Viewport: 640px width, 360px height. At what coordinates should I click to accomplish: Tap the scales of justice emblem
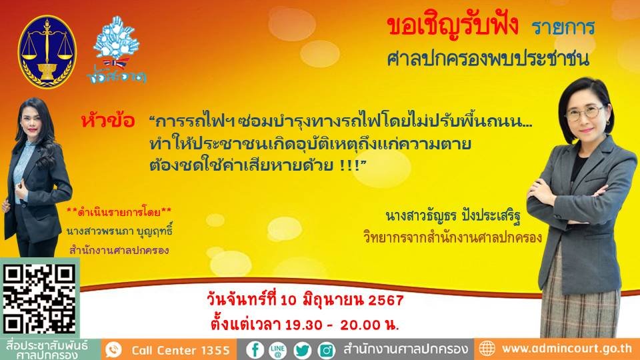coord(46,51)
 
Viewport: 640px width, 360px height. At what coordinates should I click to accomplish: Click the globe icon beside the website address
coord(487,349)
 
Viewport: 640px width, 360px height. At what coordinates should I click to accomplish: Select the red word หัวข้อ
coord(107,122)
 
